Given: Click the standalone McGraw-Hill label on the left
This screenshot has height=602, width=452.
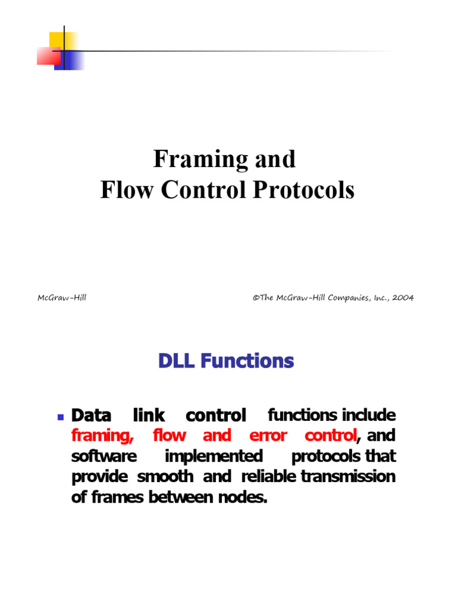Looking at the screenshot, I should click(62, 297).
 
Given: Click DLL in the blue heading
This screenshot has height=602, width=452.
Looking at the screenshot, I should click(176, 361).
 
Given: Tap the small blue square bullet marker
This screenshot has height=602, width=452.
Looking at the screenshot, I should click(60, 417).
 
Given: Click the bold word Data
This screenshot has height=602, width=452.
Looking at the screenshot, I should click(91, 416).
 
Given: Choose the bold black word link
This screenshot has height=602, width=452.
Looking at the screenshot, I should click(149, 416).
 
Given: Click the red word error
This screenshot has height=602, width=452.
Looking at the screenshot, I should click(268, 436).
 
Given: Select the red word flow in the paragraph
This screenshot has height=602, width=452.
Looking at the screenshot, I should click(169, 436).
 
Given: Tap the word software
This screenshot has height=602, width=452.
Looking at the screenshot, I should click(104, 457).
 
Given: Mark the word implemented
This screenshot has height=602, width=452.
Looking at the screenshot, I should click(214, 457).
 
